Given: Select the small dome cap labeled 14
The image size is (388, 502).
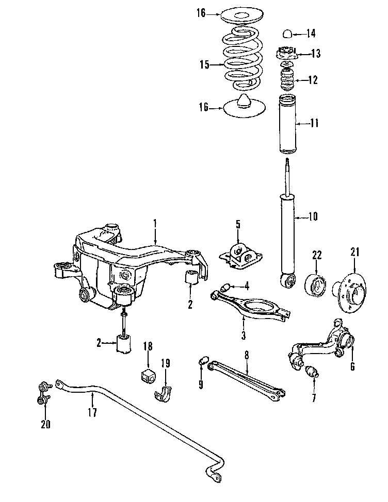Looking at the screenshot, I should pos(287,35).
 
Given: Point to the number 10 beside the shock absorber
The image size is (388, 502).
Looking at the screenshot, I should pos(313,216).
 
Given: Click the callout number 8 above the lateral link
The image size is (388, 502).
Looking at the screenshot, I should pos(247,355).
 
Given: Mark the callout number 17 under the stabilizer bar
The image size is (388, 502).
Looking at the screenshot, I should pos(92,412).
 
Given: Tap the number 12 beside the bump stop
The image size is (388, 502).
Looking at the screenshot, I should pos(313,80).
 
